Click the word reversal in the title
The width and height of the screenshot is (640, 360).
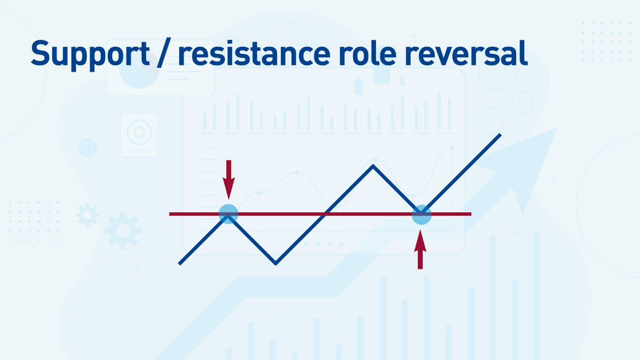[x=469, y=54]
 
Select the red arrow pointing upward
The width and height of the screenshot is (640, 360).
[x=421, y=251]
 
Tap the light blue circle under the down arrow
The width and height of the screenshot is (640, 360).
[x=228, y=214]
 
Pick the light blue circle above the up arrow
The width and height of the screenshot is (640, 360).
[x=421, y=215]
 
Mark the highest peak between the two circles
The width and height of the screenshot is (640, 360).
[x=373, y=165]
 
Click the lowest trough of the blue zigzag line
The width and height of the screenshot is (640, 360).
[x=276, y=263]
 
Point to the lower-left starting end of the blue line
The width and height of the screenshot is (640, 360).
[x=180, y=263]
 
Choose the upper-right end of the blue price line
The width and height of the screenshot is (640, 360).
[x=500, y=135]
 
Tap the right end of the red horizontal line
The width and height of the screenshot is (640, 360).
[x=470, y=214]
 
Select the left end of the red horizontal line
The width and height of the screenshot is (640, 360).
[x=170, y=214]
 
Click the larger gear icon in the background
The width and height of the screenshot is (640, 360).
[x=123, y=230]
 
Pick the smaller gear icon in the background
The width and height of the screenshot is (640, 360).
[x=88, y=215]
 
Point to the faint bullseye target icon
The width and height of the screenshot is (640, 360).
[x=139, y=134]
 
